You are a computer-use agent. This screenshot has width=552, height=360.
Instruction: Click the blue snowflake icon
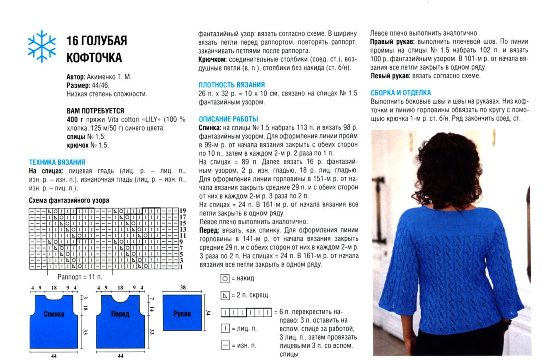click(x=42, y=46)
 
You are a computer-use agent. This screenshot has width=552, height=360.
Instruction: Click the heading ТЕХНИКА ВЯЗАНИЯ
click(x=57, y=162)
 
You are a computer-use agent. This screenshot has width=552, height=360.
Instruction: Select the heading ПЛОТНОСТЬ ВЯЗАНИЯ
click(x=231, y=85)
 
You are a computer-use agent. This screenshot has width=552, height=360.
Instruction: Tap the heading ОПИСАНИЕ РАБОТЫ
click(x=228, y=119)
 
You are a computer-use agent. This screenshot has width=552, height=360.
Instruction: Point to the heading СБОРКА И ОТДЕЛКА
click(x=401, y=93)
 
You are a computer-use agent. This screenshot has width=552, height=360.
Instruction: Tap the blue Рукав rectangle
click(x=182, y=313)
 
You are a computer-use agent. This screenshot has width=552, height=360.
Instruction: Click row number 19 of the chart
click(x=183, y=211)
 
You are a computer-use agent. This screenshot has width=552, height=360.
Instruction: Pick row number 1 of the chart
click(x=181, y=267)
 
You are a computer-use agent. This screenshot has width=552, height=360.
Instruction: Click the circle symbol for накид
click(x=225, y=279)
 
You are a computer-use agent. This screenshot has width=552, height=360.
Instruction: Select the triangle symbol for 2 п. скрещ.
click(x=225, y=295)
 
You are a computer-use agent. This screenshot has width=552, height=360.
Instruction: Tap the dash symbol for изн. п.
click(x=225, y=345)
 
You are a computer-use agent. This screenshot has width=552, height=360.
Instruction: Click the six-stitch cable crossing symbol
click(x=246, y=313)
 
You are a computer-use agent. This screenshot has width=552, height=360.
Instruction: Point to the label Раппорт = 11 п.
click(x=80, y=277)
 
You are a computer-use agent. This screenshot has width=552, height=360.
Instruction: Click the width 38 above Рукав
click(x=182, y=288)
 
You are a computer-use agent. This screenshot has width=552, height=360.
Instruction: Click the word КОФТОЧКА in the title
click(x=94, y=58)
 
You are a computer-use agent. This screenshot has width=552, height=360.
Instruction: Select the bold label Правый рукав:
click(x=392, y=42)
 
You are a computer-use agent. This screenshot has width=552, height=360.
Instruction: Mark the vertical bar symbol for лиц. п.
click(x=225, y=328)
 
